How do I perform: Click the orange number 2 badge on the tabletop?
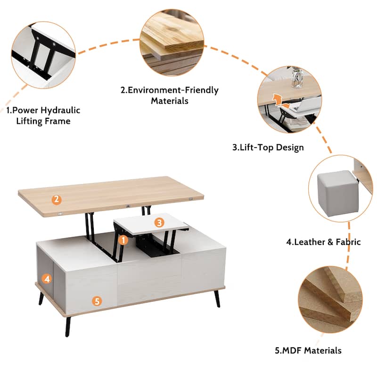point(57,199)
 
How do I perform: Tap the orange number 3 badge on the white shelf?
point(159,222)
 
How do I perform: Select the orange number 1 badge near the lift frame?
point(123,240)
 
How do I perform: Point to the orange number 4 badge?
point(47,279)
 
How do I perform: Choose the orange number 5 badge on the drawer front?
point(97,301)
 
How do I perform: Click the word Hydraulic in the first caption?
point(60,111)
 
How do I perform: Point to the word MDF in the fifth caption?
point(292,351)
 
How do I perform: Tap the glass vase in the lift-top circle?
point(297,77)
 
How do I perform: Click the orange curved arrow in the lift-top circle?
point(279,101)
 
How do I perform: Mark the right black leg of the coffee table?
point(217,299)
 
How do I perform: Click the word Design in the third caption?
point(290,148)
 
